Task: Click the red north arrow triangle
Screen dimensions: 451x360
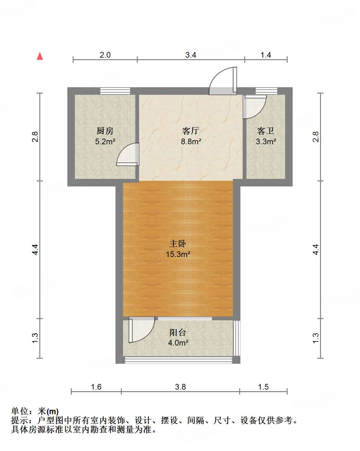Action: click(40, 56)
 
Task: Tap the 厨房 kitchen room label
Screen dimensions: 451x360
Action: click(105, 131)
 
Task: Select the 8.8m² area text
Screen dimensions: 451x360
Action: click(191, 141)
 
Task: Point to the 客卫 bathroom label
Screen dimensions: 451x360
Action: click(266, 131)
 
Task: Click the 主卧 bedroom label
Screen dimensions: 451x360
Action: click(178, 243)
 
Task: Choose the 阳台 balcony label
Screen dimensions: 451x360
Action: click(178, 332)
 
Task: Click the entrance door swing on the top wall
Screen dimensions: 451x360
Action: click(223, 81)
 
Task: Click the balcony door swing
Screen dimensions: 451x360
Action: click(141, 330)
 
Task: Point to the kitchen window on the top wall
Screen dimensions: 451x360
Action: click(115, 91)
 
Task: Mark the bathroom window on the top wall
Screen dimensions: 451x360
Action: click(266, 91)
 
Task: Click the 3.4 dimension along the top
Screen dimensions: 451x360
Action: click(191, 55)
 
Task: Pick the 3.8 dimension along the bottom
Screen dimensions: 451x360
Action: click(181, 386)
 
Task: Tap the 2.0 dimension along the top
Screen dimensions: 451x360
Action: click(105, 55)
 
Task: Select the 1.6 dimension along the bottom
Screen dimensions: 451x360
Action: click(96, 386)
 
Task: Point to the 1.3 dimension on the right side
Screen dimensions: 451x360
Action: click(316, 338)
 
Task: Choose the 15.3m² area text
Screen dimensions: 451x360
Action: click(178, 254)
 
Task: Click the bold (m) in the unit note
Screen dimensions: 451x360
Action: click(53, 411)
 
